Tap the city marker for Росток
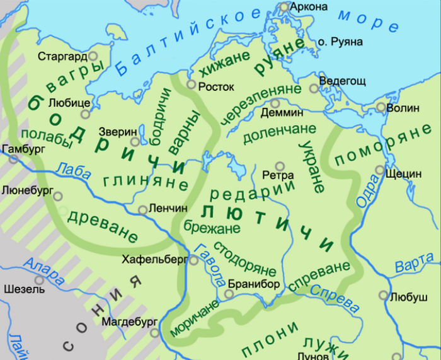click(x=192, y=83)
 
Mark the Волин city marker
click(x=381, y=107)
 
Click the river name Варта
click(x=415, y=262)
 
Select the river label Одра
click(x=369, y=189)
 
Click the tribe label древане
click(x=102, y=223)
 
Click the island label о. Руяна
click(x=340, y=42)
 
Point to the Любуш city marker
click(x=383, y=295)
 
